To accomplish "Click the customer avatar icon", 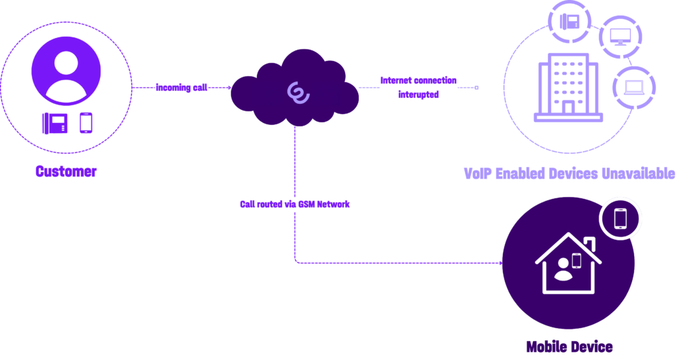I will pos(66,71).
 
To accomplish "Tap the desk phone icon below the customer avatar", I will pos(55,123).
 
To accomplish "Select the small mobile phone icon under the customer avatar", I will pos(86,123).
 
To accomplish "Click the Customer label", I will pos(66,172).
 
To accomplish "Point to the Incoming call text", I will pos(181,88).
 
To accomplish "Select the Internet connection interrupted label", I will pos(418,88).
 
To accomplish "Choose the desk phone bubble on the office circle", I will pos(568,22).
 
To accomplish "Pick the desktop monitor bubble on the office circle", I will pos(620,37).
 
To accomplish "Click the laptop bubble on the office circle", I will pos(633,86).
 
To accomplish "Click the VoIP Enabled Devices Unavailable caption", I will pos(569,173).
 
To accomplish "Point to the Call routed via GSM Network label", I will pos(295,204).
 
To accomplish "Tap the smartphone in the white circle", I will pos(621,219).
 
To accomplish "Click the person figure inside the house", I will pos(563,270).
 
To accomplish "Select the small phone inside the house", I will pos(576,260).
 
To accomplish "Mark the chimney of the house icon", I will pos(589,243).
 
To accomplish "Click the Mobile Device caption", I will pos(569,347).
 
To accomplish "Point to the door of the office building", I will pos(568,107).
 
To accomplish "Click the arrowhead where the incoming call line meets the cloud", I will pos(230,88).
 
